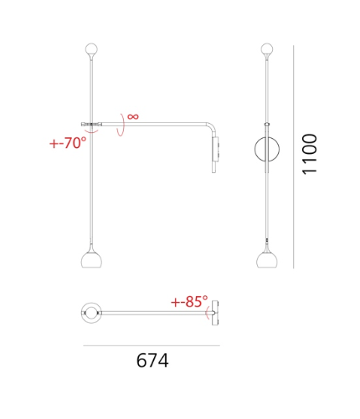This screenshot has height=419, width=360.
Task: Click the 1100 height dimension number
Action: coord(310,154)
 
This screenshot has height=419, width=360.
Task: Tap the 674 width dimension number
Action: coord(152,360)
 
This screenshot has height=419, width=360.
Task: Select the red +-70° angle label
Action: coord(68,143)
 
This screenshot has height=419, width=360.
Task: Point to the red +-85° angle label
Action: coord(189,301)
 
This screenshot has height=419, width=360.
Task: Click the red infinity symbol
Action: coord(133,116)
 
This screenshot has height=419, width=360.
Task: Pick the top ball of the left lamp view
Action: coord(91,49)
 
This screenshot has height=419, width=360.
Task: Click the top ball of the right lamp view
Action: coord(267,49)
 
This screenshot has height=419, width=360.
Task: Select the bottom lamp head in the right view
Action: coord(267,259)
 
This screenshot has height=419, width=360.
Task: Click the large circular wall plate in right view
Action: coord(255,149)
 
